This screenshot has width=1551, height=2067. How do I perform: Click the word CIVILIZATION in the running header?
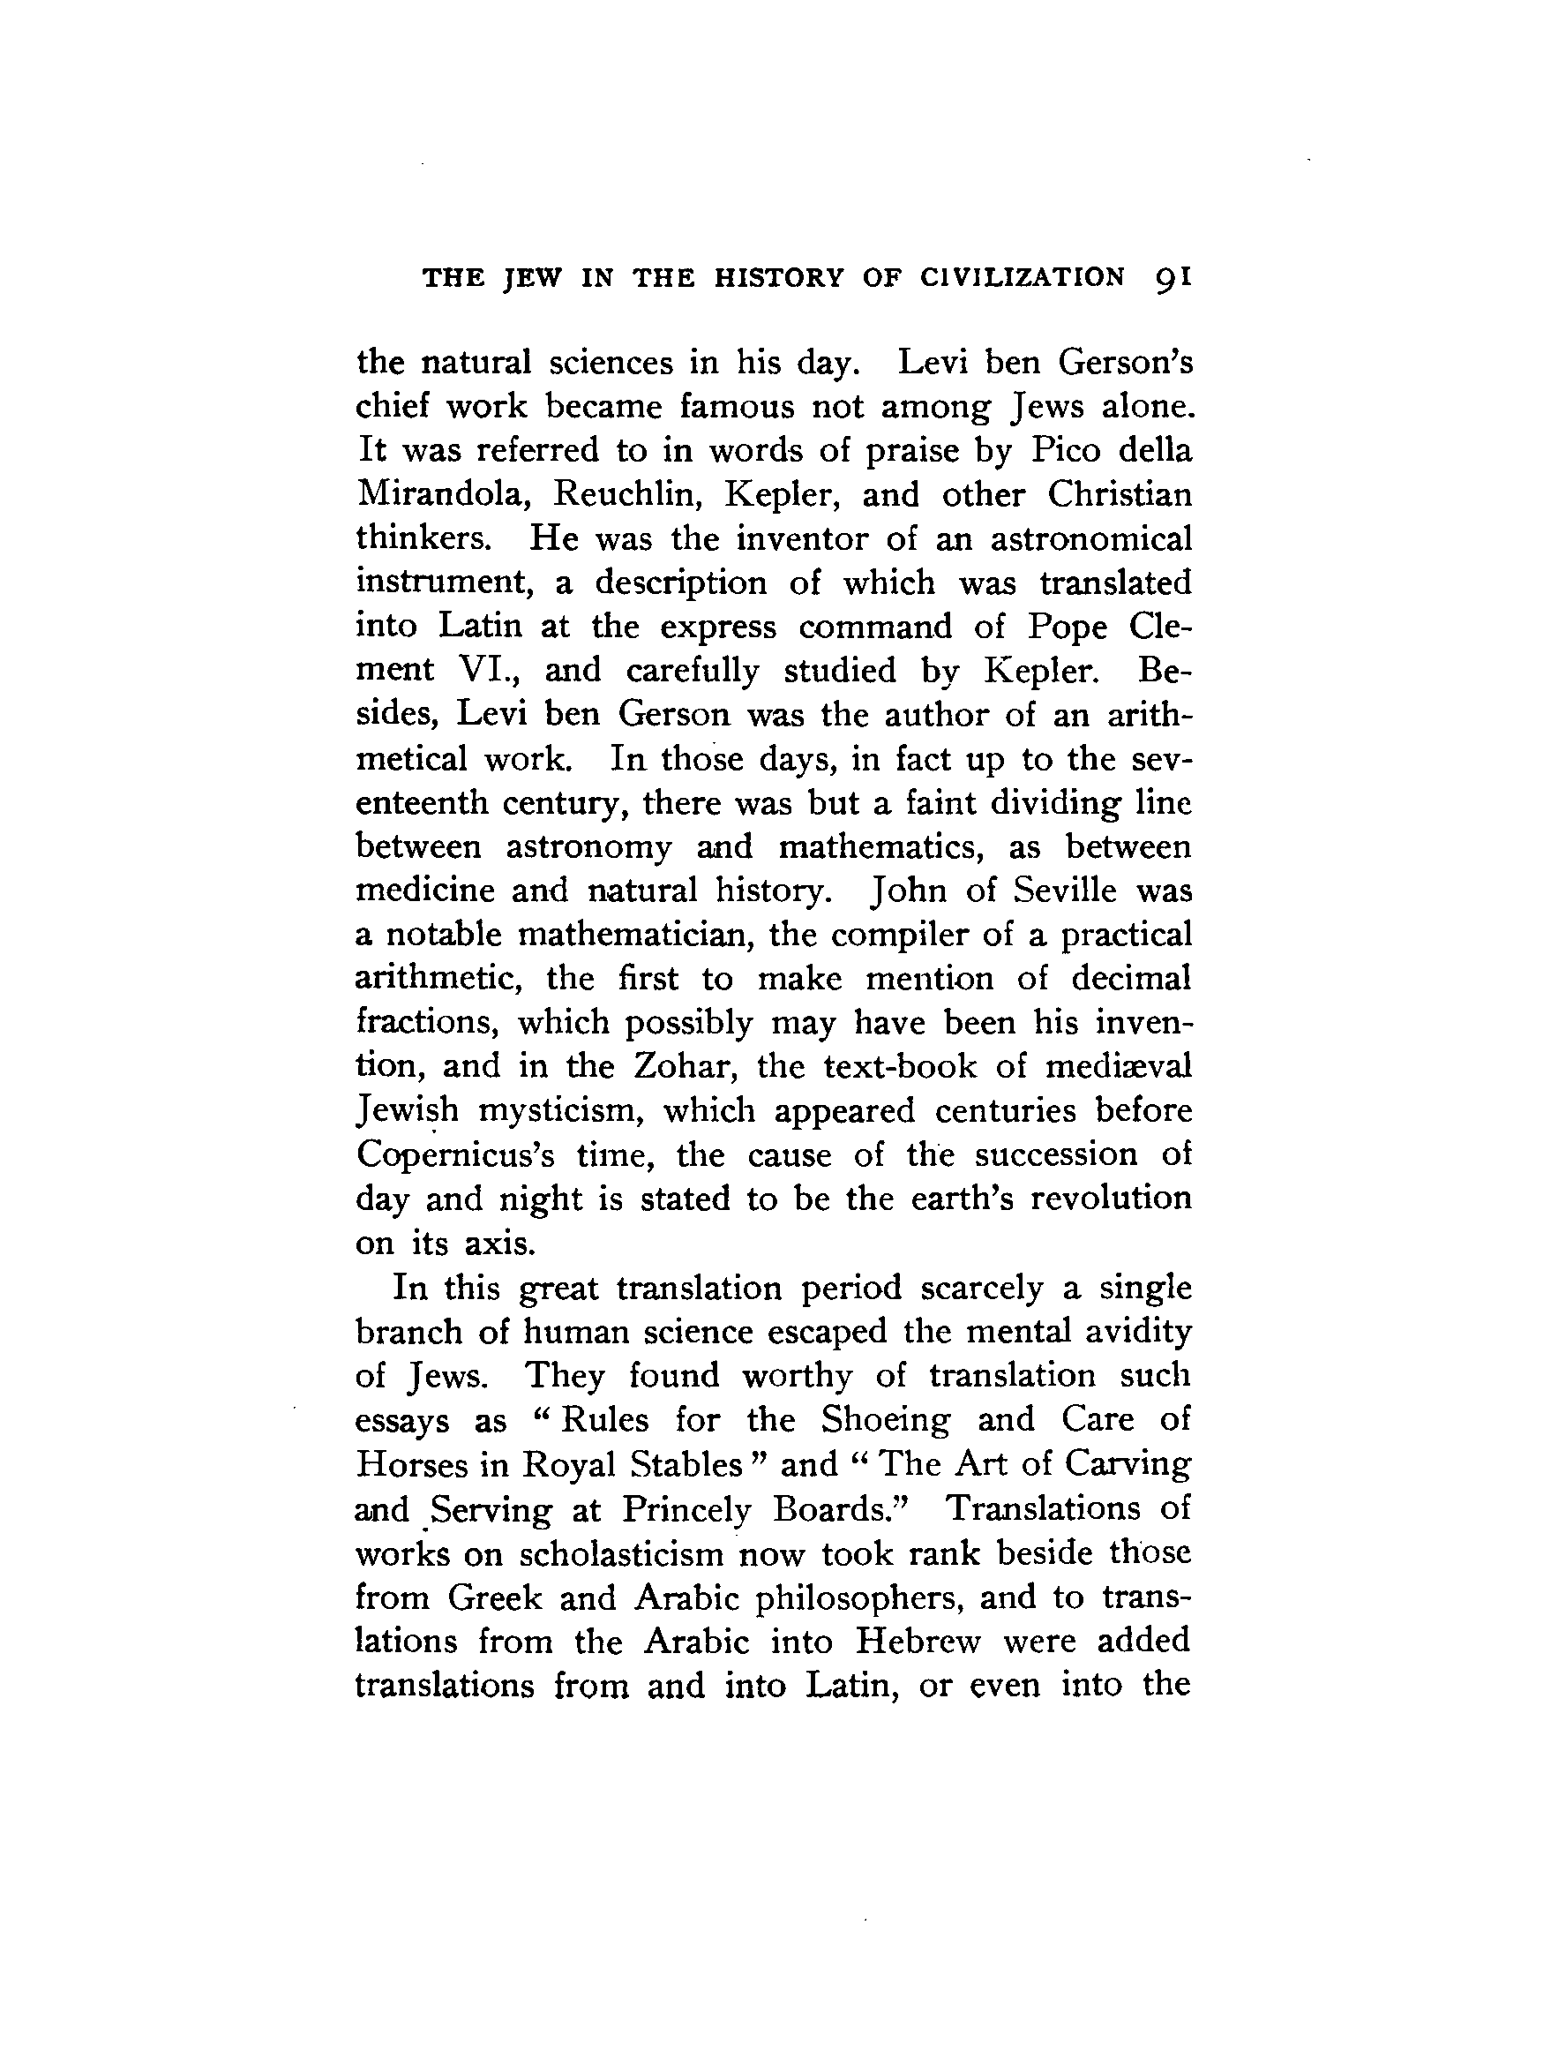coord(1023,277)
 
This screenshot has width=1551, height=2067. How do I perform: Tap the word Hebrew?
coord(918,1641)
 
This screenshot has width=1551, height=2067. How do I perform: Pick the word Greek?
coord(494,1597)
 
